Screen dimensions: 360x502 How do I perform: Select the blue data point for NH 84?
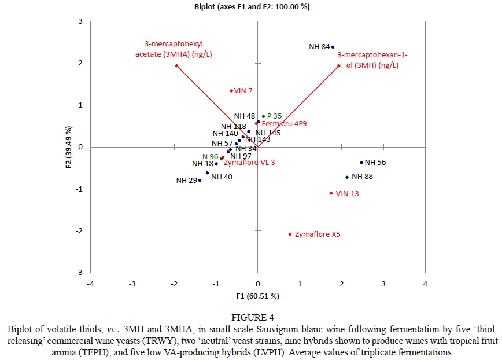coord(333,47)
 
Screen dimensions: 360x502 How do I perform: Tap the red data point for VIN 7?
coord(231,90)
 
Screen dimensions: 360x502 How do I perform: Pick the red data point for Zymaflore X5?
coord(290,234)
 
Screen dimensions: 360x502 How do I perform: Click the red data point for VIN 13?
coord(331,193)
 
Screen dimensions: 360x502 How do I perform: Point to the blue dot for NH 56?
coord(361,163)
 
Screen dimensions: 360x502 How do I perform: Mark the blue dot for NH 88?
coord(347,177)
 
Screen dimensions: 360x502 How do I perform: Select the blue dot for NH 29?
coord(200,180)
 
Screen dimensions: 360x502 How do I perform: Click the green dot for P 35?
coord(263,116)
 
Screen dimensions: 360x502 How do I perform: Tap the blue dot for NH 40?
coord(207,172)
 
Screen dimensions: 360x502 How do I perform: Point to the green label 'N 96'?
coord(210,156)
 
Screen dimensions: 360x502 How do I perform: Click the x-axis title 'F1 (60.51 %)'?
coord(257,296)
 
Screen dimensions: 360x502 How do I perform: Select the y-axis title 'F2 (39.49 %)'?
coord(69,147)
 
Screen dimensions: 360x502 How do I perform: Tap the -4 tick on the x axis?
coord(90,284)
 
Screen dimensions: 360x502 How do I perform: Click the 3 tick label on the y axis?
coord(80,21)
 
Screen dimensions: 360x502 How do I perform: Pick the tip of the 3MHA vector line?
coord(176,65)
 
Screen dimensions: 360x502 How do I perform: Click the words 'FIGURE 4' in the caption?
coord(251,317)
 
